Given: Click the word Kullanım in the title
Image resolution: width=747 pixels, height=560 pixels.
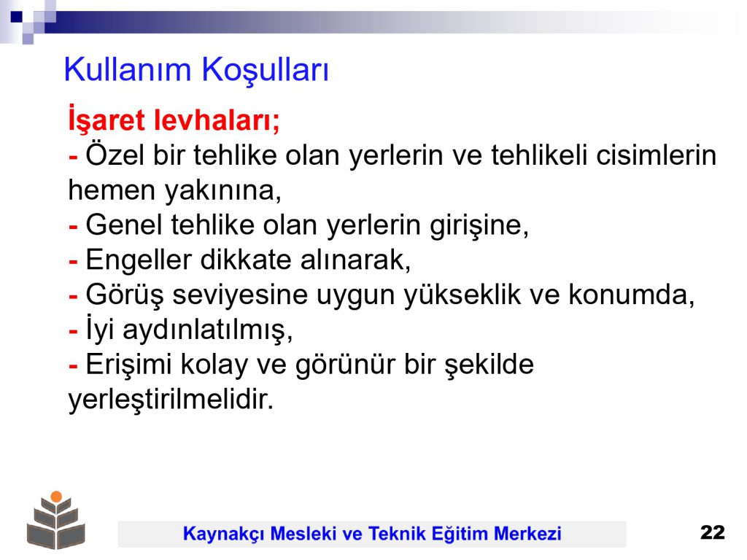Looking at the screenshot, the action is coord(128,69).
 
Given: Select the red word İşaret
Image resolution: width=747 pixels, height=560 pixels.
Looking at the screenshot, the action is coord(107,120).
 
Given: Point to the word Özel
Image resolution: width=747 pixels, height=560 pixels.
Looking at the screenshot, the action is coord(115,155).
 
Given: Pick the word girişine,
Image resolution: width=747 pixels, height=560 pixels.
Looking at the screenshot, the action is coord(479,226).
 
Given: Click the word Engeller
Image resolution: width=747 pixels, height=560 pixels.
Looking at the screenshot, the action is coord(139,260).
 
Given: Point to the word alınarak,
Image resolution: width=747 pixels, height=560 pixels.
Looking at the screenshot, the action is coord(355,260).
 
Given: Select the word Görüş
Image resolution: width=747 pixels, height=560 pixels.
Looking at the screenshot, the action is coord(125,295).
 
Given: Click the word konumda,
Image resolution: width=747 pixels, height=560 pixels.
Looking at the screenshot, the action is coord(631,295).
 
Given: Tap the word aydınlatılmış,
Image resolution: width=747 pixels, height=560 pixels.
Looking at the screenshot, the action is coord(208,330).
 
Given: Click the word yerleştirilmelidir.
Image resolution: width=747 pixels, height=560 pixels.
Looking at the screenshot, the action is coord(171,400).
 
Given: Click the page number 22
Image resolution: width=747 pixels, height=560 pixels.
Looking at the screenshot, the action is coord(713,532).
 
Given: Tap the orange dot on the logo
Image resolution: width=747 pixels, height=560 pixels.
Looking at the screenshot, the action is coord(56,497).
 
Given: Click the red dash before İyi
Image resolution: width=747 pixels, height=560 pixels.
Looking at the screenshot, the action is coord(73,330).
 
